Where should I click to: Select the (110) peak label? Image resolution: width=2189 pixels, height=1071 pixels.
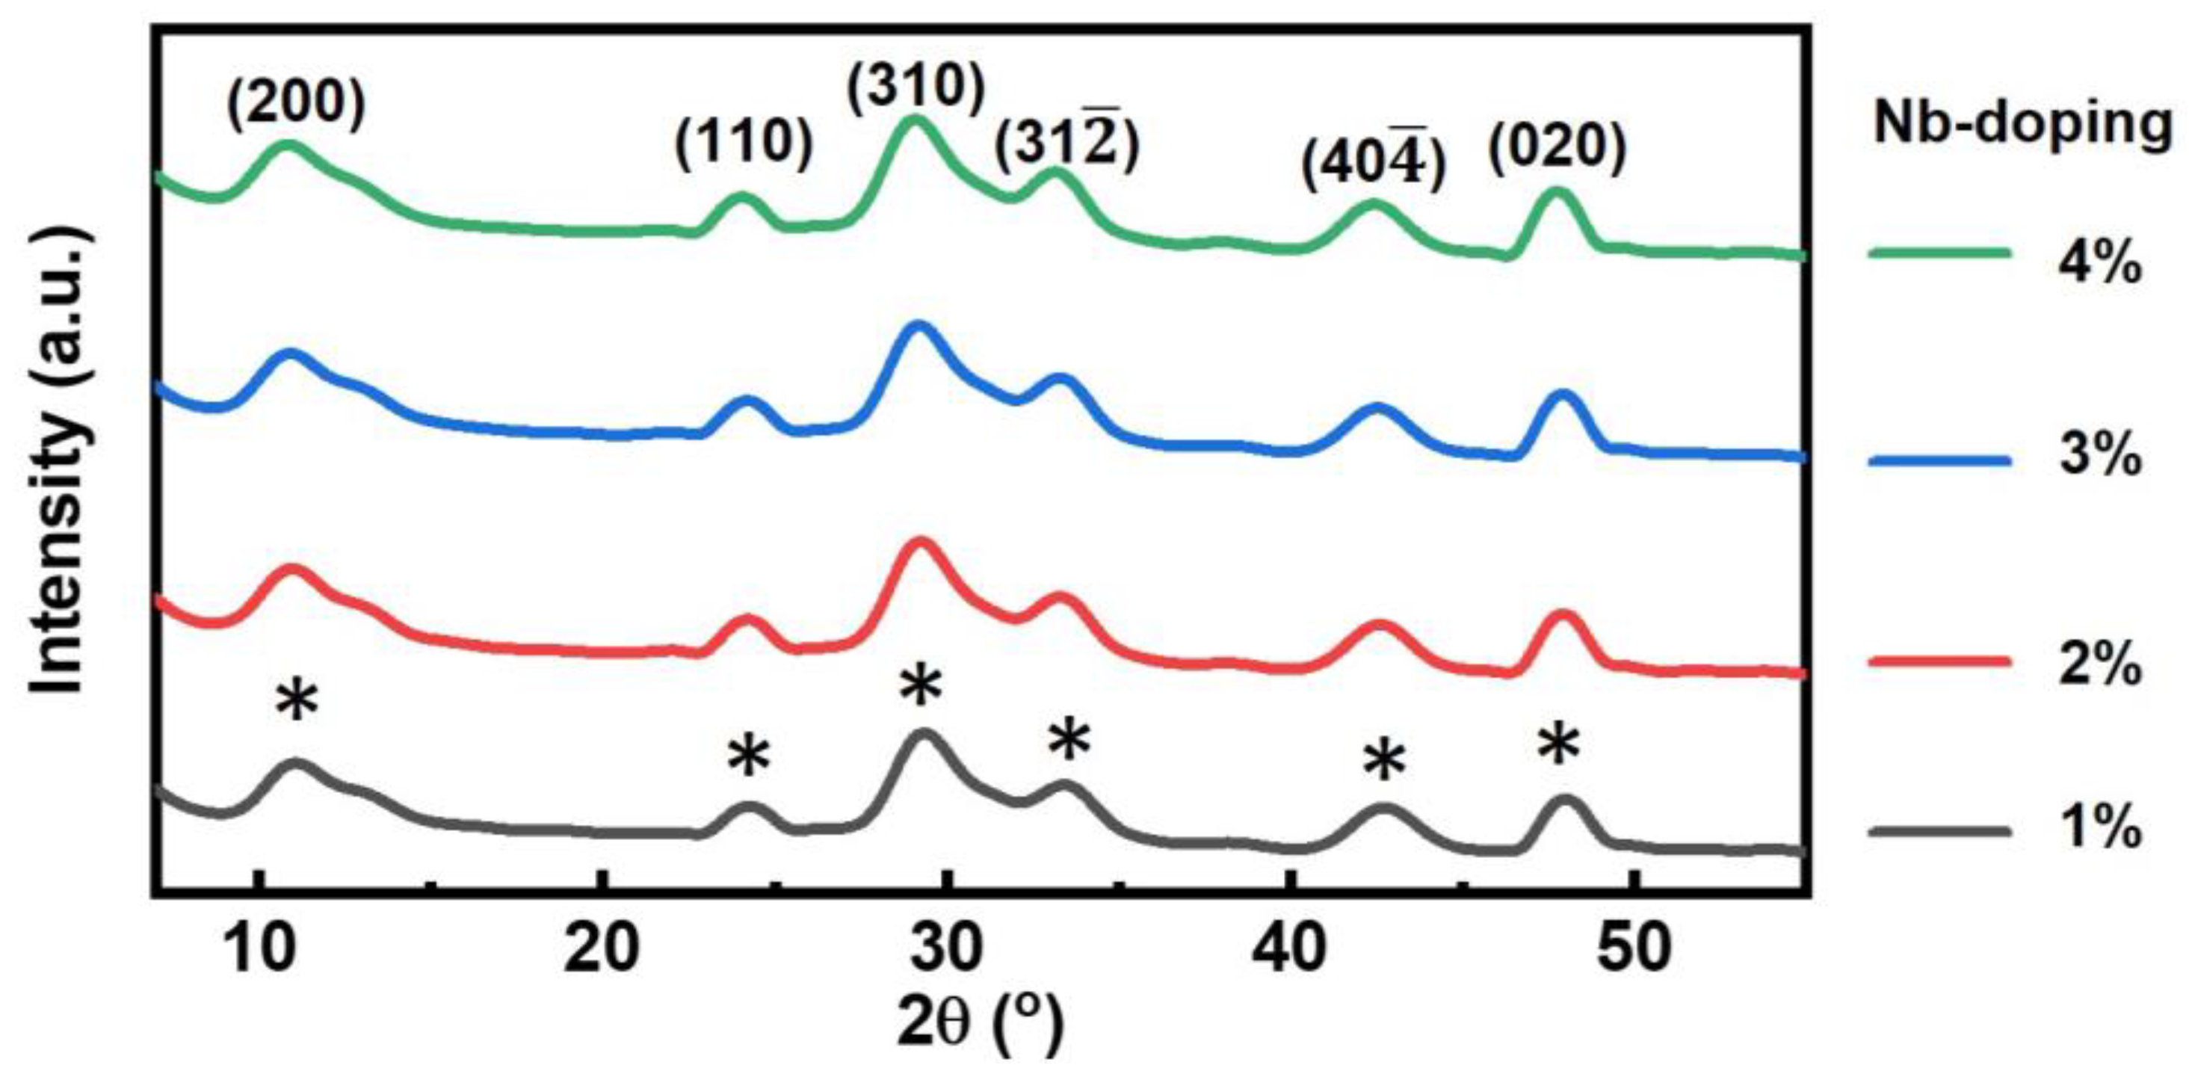(x=744, y=142)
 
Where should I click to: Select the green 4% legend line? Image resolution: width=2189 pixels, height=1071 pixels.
(x=1939, y=253)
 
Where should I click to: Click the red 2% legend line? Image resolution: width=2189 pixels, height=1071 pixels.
(x=1939, y=661)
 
